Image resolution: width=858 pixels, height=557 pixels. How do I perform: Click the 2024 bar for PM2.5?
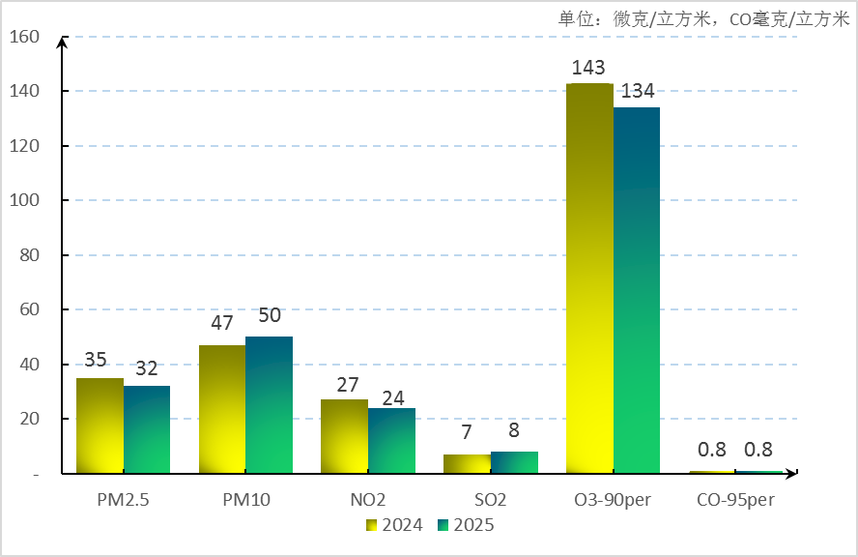coord(100,425)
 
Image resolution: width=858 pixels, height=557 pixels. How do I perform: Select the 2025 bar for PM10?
coord(269,405)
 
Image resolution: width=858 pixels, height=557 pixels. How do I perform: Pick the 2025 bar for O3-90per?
coord(637,290)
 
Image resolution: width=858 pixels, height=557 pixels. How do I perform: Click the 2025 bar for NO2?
coord(391,441)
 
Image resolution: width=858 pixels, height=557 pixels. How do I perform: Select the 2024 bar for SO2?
coord(467,464)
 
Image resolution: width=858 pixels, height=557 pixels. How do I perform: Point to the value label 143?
coord(587,68)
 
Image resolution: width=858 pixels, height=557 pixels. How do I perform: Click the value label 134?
coord(638,92)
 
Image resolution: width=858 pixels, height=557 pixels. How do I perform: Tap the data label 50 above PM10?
coord(270,315)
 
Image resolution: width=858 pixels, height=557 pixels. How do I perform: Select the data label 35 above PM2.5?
coord(96,360)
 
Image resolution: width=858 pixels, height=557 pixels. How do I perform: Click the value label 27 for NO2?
coord(348,384)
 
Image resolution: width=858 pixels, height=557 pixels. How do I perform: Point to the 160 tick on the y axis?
coord(23,37)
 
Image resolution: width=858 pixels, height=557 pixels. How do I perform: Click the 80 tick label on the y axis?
coord(29,255)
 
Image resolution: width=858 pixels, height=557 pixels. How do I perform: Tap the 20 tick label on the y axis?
coord(29,419)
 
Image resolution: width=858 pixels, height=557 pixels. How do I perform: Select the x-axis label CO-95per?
coord(735,501)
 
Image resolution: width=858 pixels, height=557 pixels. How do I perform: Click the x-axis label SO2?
coord(490,501)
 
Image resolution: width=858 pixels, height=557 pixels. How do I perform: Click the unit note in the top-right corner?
coord(703,18)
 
